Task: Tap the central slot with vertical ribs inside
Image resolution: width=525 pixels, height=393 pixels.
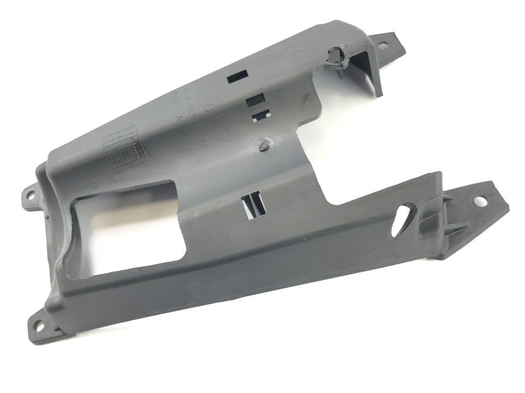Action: click(x=254, y=205)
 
